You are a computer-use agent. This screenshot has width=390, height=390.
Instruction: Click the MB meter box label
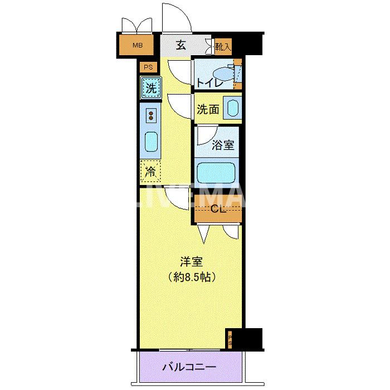click(x=136, y=45)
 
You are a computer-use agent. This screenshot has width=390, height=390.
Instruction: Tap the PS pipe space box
click(x=148, y=67)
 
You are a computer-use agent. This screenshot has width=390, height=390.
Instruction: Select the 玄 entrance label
click(x=181, y=46)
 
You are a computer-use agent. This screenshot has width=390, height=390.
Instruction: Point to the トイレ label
click(x=210, y=83)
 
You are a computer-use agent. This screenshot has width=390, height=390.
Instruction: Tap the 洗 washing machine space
click(x=150, y=87)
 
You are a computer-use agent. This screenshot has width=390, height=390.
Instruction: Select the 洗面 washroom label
click(x=208, y=109)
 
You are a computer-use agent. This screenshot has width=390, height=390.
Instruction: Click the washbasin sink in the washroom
click(x=231, y=109)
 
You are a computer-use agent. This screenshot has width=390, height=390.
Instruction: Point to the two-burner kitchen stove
click(x=151, y=115)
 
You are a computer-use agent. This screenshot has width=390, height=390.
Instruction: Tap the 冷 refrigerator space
click(x=150, y=172)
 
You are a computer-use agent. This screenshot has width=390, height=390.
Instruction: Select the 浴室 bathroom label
click(x=223, y=146)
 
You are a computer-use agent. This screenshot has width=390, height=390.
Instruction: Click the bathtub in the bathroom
click(x=217, y=173)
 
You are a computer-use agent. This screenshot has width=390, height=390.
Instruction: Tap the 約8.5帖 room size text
click(x=191, y=276)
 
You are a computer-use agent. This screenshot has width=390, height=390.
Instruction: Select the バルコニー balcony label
click(x=189, y=367)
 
